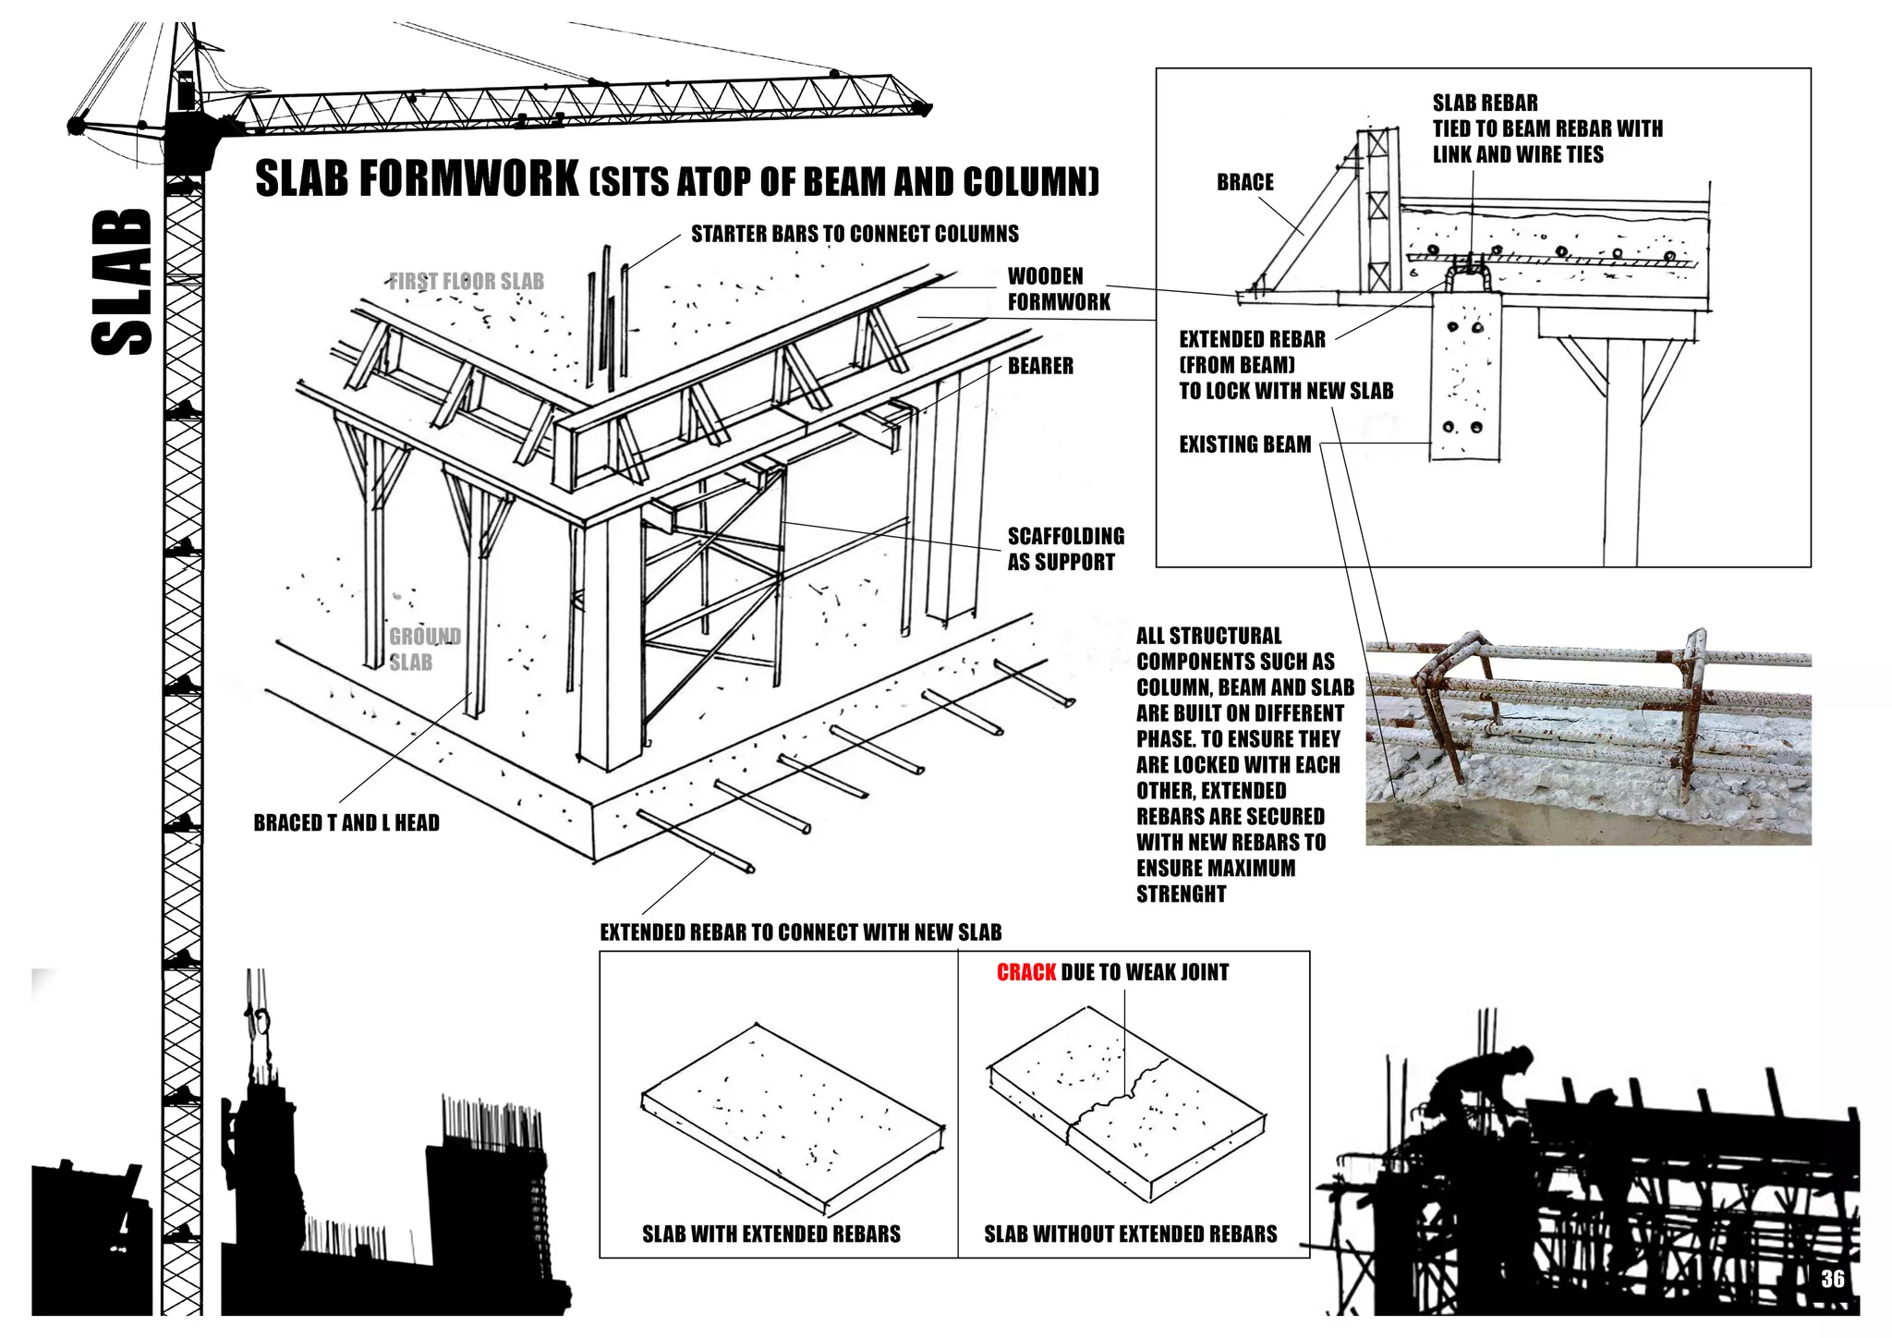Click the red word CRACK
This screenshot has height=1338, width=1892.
1025,972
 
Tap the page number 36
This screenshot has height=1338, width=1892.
1833,1279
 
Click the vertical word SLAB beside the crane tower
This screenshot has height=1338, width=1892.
122,282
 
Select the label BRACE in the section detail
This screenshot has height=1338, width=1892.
1244,182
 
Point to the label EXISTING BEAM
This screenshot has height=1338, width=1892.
1244,444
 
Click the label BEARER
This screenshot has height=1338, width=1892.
1040,366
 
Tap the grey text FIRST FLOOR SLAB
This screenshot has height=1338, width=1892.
467,281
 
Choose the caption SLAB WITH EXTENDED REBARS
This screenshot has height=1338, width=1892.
770,1234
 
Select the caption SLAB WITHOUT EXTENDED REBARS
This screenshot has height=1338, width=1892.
1130,1234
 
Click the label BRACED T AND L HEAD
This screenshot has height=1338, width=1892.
346,822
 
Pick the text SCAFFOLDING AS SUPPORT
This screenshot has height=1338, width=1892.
1065,549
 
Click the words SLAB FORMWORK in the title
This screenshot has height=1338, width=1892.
417,179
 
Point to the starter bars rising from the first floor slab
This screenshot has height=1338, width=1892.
610,314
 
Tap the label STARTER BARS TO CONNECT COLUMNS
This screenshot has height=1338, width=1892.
855,234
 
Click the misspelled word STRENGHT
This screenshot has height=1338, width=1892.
1181,894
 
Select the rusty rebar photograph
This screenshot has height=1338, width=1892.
1587,739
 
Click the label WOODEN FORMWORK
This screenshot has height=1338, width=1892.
1059,288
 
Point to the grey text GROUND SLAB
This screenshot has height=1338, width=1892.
423,649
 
